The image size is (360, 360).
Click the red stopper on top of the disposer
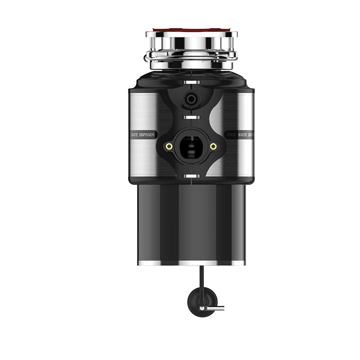191,32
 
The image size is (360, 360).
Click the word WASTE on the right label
243,135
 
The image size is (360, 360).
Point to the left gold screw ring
169,146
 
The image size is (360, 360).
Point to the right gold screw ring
213,146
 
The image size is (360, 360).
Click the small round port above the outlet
191,99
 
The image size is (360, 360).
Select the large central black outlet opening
191,146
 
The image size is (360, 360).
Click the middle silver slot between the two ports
191,117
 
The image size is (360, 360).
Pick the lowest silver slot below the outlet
191,174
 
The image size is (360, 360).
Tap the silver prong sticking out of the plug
215,308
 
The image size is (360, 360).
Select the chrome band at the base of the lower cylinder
191,262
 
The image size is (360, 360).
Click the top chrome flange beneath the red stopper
191,43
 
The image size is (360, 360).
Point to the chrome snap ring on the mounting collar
191,56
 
